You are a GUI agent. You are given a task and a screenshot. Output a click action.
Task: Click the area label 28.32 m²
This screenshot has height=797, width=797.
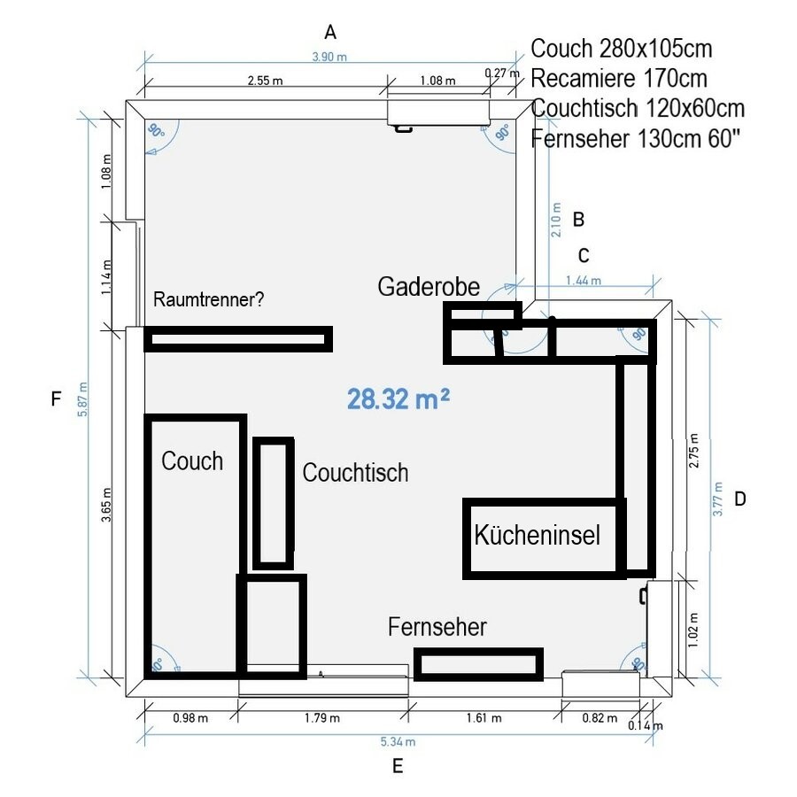click(398, 399)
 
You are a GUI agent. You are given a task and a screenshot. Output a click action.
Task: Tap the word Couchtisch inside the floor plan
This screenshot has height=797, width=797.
click(355, 473)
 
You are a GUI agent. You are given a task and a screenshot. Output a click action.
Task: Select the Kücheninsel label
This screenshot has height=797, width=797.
click(538, 535)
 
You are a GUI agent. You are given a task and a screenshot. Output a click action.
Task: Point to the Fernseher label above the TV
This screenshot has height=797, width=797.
click(437, 627)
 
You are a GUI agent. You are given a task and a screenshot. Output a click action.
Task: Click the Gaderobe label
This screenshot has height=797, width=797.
click(429, 287)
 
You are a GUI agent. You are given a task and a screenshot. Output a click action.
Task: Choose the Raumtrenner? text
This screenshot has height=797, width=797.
click(208, 299)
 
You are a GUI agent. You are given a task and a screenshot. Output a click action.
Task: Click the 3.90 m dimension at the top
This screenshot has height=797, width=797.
click(329, 57)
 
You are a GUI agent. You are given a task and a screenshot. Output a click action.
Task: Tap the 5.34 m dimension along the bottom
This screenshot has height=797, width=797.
click(398, 741)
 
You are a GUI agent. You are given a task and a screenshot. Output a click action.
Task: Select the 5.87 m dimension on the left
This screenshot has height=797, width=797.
click(82, 399)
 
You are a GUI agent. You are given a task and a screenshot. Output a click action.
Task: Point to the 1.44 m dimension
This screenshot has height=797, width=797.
click(584, 280)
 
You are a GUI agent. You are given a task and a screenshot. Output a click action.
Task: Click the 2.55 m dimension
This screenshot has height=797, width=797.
click(266, 81)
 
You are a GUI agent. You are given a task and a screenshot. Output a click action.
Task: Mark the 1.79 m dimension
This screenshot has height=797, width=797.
click(322, 717)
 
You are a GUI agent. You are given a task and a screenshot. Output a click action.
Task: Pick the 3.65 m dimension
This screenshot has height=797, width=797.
click(106, 505)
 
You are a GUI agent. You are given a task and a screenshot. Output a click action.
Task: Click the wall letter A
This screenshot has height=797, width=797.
click(330, 33)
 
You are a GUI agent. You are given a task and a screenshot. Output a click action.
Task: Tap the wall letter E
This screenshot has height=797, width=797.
click(398, 766)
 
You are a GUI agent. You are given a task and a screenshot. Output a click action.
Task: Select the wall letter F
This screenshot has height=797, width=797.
click(57, 398)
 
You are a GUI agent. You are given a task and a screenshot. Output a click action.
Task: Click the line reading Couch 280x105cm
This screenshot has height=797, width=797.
click(621, 49)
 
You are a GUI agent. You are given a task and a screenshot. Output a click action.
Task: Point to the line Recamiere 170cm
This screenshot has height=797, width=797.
click(619, 78)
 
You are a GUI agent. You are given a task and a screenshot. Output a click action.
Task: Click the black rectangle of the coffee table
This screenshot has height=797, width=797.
click(274, 503)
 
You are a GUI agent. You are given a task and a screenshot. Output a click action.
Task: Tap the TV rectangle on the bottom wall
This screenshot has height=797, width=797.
click(479, 664)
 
